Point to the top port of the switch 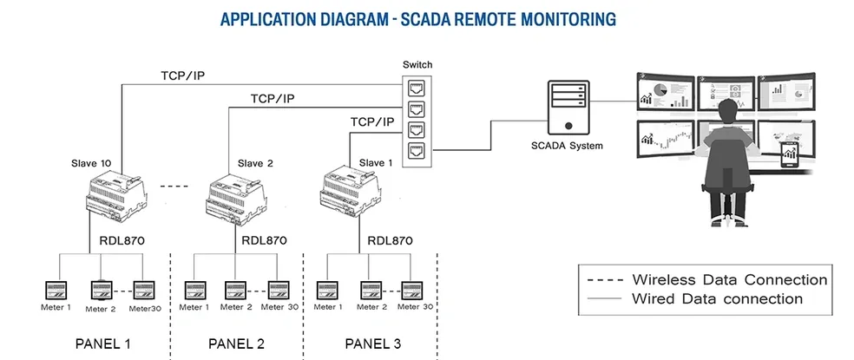click(x=417, y=88)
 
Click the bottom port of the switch click(x=417, y=151)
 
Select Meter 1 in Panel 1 click(x=56, y=289)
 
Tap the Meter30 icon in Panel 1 click(x=144, y=289)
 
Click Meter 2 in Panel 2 click(x=235, y=289)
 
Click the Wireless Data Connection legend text click(x=729, y=280)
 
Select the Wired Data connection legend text click(x=717, y=299)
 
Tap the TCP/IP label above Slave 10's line click(x=182, y=75)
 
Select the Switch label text click(x=417, y=65)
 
